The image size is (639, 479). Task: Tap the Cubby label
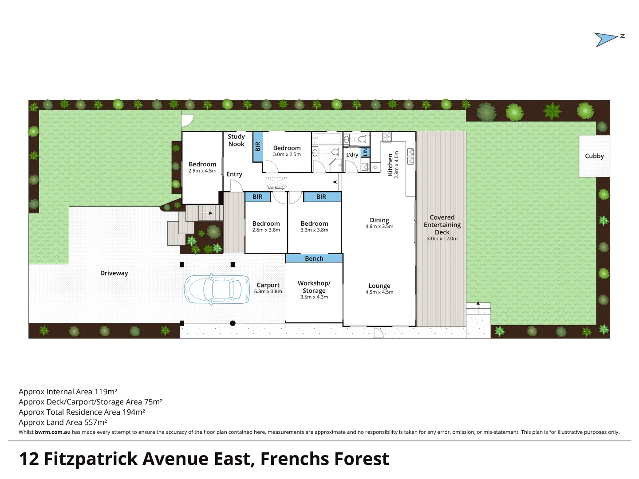pos(594,156)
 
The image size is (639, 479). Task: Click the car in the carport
pos(217,290)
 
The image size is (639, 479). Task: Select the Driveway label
pos(114,273)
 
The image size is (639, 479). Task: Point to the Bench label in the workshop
pos(314,259)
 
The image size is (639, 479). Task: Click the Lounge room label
pos(379,286)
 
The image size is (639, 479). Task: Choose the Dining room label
pos(379,220)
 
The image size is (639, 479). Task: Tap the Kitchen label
pos(390,165)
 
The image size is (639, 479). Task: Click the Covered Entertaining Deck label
pos(442,225)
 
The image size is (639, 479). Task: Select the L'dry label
pos(352,155)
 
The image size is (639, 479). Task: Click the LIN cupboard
pos(365,152)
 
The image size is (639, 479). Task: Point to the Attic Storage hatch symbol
pos(276,182)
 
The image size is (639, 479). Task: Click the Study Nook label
pos(236,140)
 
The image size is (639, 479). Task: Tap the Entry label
pos(234,174)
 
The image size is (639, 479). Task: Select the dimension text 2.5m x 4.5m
pos(202,171)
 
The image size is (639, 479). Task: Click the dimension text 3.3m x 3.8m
pos(314,230)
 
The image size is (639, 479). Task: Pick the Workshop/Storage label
pos(314,287)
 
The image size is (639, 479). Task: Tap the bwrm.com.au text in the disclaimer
pos(52,432)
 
